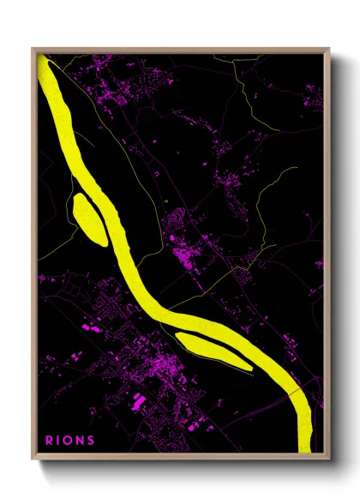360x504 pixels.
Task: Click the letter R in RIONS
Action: click(x=50, y=441)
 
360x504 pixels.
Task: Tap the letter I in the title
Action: click(x=60, y=441)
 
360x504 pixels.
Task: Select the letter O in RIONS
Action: click(x=69, y=441)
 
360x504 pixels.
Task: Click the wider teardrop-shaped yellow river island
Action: click(x=88, y=219)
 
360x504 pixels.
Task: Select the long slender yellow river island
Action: click(x=214, y=351)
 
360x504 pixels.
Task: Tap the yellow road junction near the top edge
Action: click(x=231, y=63)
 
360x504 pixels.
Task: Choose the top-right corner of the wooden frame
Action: click(x=329, y=49)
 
